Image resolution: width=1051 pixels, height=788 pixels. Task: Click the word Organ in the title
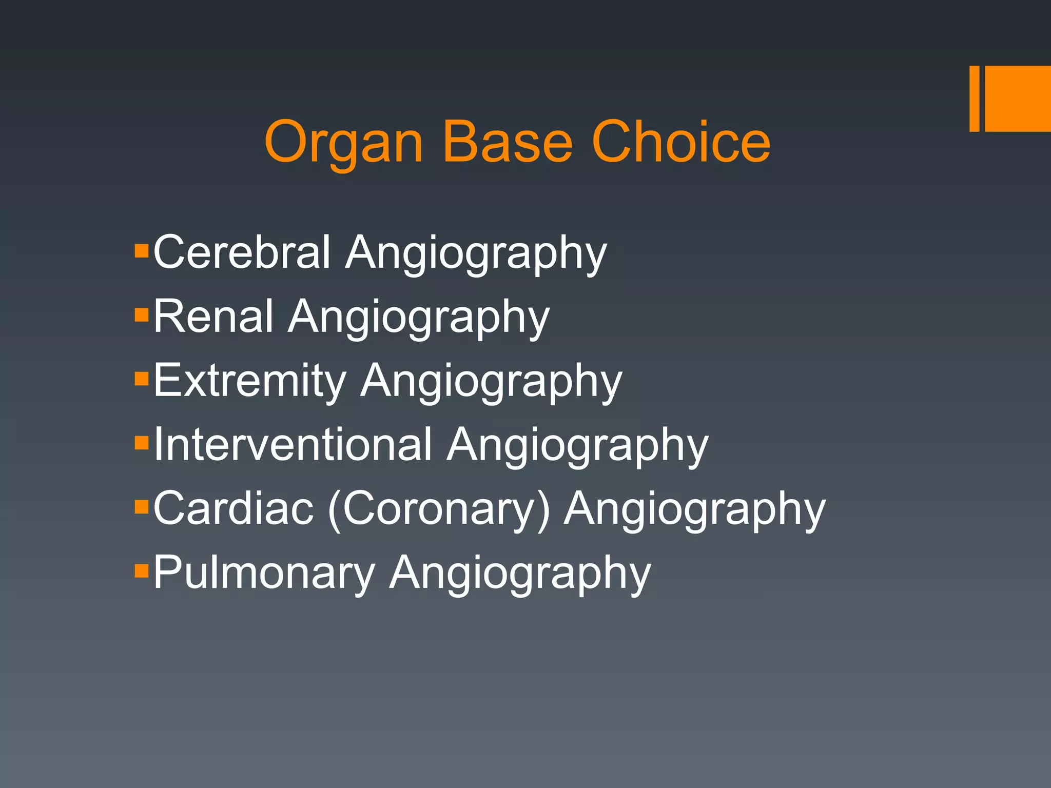pyautogui.click(x=343, y=143)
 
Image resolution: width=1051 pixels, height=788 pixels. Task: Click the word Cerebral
pyautogui.click(x=242, y=252)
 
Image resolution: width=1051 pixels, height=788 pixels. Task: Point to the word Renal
pyautogui.click(x=213, y=316)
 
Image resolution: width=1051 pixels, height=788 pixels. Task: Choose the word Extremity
pyautogui.click(x=249, y=380)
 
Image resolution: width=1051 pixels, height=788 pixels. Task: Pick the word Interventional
pyautogui.click(x=293, y=444)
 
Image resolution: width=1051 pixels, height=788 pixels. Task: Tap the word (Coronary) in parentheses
pyautogui.click(x=439, y=509)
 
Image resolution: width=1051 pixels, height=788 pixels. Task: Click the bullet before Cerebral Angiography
pyautogui.click(x=141, y=251)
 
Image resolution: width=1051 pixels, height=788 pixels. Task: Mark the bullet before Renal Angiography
pyautogui.click(x=141, y=314)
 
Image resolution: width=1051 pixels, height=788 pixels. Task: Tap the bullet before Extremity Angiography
pyautogui.click(x=141, y=379)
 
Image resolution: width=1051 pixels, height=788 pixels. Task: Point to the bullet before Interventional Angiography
pyautogui.click(x=141, y=443)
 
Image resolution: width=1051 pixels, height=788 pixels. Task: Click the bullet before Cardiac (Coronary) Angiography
pyautogui.click(x=141, y=507)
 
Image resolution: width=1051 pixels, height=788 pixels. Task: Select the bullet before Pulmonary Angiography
pyautogui.click(x=141, y=570)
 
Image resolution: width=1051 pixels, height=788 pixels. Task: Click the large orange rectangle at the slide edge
pyautogui.click(x=1018, y=98)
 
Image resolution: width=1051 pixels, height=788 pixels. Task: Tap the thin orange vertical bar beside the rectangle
pyautogui.click(x=974, y=98)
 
